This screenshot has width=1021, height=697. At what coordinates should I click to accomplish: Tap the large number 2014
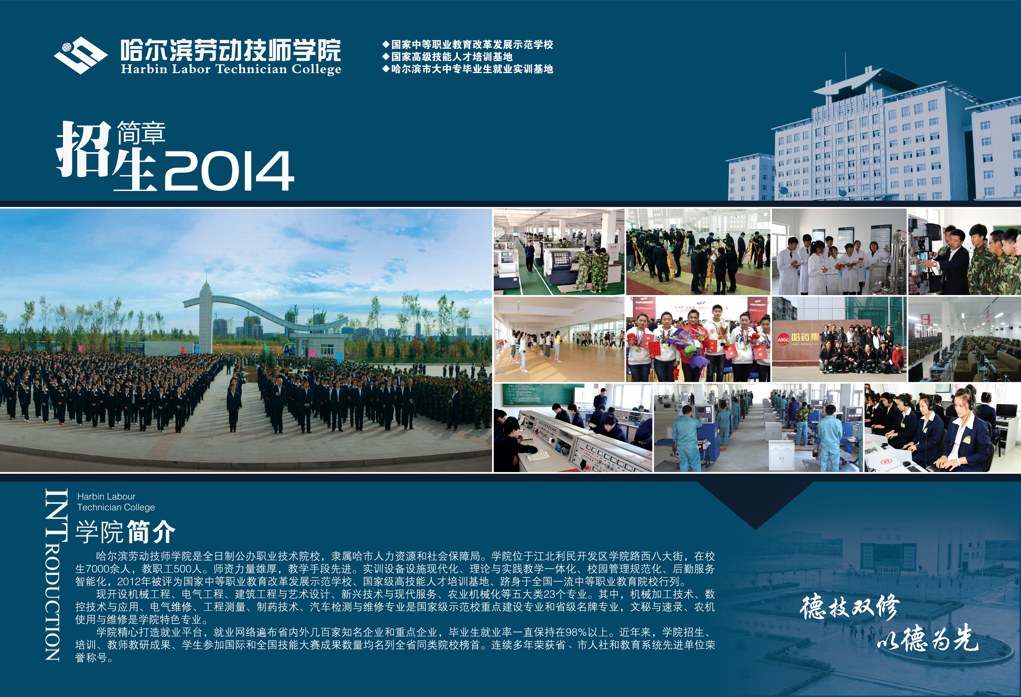(x=229, y=171)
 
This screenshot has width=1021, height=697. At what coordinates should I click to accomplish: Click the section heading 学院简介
(x=125, y=532)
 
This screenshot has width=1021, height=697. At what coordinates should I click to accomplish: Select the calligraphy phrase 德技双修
(x=849, y=608)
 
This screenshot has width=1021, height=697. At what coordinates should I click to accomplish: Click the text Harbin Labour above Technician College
(x=106, y=496)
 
